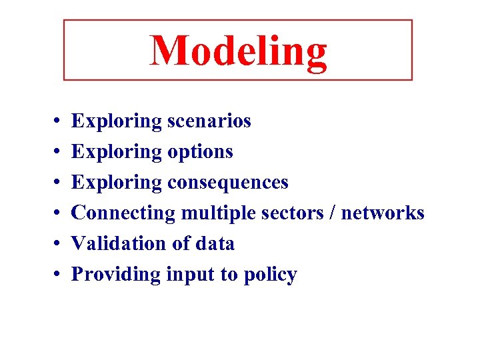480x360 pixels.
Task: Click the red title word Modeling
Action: click(x=238, y=51)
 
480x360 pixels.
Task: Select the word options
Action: click(x=200, y=152)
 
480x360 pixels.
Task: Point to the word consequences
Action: click(x=228, y=182)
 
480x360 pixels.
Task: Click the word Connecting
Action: click(x=123, y=213)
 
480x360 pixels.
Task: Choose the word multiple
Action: click(x=211, y=213)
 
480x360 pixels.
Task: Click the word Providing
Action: click(x=116, y=274)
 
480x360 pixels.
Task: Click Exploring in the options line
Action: click(x=116, y=152)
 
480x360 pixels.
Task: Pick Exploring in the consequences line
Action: click(x=116, y=182)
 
